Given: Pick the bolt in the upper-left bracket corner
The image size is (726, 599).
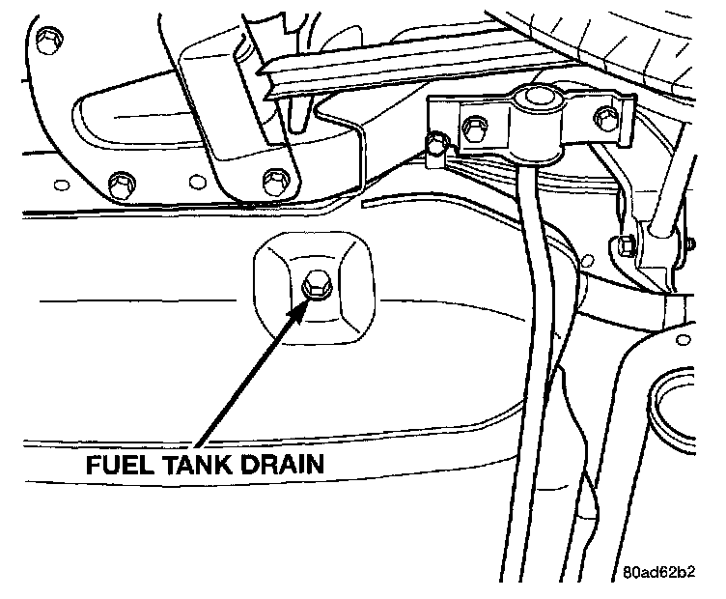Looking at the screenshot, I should point(43,40).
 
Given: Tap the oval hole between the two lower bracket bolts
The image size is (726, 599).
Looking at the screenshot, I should point(196,180).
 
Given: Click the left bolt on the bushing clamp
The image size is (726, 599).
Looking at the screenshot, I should point(473,126).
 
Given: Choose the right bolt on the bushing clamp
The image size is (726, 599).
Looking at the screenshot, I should point(606,119).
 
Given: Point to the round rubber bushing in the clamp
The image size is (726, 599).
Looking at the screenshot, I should point(539,100).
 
